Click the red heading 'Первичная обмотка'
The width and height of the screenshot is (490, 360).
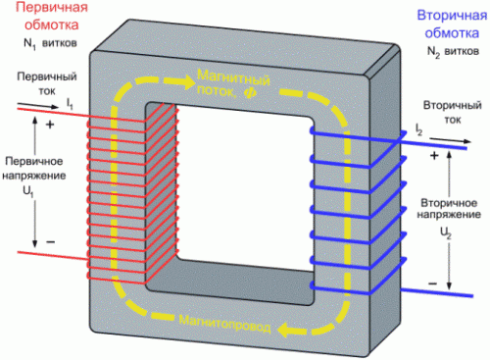point(52,17)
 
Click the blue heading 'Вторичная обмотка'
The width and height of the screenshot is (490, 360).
point(452,25)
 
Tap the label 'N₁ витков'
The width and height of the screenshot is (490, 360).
point(50,44)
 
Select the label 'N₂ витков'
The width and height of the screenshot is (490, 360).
point(454,52)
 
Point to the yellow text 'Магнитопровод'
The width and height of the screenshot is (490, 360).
point(225,323)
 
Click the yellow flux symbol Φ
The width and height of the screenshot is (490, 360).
point(250,93)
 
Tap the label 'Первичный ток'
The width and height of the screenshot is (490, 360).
point(47,83)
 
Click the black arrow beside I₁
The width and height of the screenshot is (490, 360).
point(38,105)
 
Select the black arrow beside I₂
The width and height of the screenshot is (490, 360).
point(451,140)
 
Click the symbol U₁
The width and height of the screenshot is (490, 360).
point(28,192)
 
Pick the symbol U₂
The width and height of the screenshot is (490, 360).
point(446,233)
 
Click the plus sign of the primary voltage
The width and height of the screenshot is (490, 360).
point(50,125)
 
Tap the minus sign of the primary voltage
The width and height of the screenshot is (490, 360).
point(50,242)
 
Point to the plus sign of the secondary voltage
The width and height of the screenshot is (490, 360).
point(434,155)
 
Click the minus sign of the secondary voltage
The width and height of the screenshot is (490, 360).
point(432,283)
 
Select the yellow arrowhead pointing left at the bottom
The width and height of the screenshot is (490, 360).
point(286,329)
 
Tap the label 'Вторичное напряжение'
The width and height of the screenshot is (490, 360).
point(449,209)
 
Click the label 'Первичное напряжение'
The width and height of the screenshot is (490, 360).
point(34,169)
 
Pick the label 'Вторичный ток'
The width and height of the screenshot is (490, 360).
point(453,112)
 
